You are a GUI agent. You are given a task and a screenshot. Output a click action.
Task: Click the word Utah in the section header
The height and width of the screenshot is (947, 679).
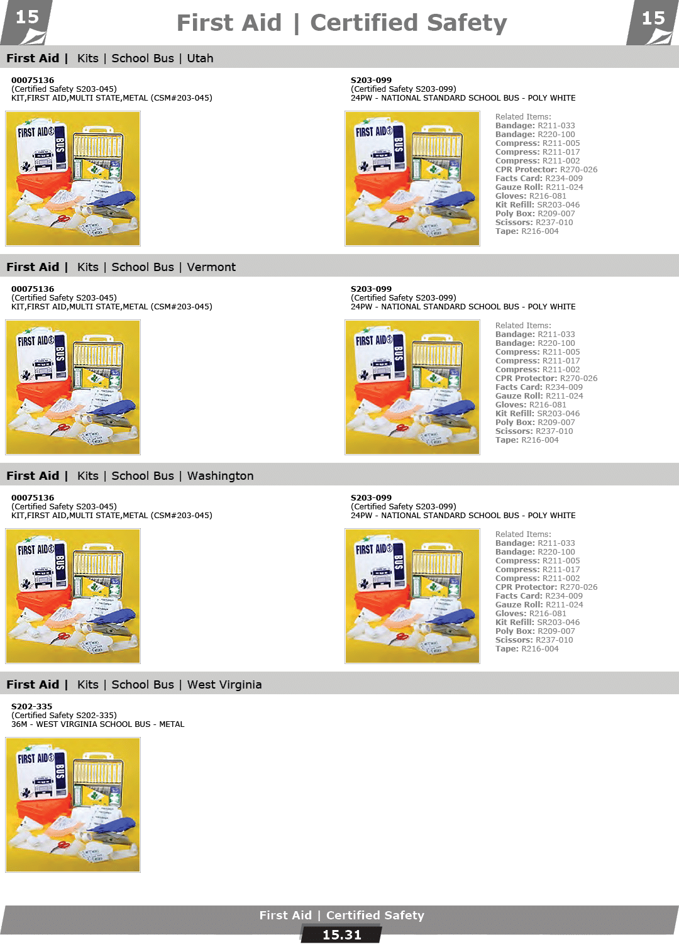pyautogui.click(x=200, y=58)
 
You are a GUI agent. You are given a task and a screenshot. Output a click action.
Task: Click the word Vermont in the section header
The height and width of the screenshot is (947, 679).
pyautogui.click(x=211, y=267)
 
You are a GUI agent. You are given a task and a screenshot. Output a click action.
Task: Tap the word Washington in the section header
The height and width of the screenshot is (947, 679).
pyautogui.click(x=220, y=476)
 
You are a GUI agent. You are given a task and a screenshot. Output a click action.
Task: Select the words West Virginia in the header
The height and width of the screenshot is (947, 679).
pyautogui.click(x=224, y=685)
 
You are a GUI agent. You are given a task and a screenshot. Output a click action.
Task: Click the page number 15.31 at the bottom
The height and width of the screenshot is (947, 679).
pyautogui.click(x=341, y=935)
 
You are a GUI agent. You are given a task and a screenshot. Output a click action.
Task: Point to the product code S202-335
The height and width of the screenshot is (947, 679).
pyautogui.click(x=32, y=707)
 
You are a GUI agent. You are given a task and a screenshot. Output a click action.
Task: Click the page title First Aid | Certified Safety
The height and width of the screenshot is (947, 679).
pyautogui.click(x=341, y=23)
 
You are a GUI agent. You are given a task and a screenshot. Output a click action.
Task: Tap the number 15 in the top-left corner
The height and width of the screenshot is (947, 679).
pyautogui.click(x=27, y=18)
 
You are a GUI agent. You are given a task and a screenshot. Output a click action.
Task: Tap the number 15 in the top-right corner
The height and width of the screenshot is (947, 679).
pyautogui.click(x=653, y=19)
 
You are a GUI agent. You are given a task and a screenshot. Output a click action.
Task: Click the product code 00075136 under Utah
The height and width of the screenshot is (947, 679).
pyautogui.click(x=33, y=80)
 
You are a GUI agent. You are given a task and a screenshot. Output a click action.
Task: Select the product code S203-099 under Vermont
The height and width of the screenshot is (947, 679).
pyautogui.click(x=371, y=289)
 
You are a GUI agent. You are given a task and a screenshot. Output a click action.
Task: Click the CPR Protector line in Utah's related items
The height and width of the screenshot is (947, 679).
pyautogui.click(x=546, y=170)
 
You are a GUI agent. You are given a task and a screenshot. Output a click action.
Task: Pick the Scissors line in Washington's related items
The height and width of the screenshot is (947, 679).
pyautogui.click(x=534, y=640)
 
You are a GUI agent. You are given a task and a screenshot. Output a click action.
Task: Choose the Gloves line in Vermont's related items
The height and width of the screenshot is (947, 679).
pyautogui.click(x=531, y=405)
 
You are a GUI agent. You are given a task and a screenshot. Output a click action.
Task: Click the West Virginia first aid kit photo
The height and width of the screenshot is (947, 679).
pyautogui.click(x=73, y=804)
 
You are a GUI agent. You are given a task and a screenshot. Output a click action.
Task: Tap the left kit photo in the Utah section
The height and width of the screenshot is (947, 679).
pyautogui.click(x=73, y=178)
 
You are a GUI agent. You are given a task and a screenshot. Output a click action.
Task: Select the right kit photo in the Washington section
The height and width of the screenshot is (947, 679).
pyautogui.click(x=412, y=595)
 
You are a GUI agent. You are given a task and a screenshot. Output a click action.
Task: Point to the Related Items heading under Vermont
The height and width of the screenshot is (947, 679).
pyautogui.click(x=523, y=326)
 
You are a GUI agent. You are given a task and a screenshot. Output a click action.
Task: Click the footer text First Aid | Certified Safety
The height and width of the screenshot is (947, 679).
pyautogui.click(x=341, y=916)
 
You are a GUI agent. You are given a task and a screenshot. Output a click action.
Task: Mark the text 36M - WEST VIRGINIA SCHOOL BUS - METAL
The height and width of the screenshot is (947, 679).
pyautogui.click(x=98, y=724)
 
